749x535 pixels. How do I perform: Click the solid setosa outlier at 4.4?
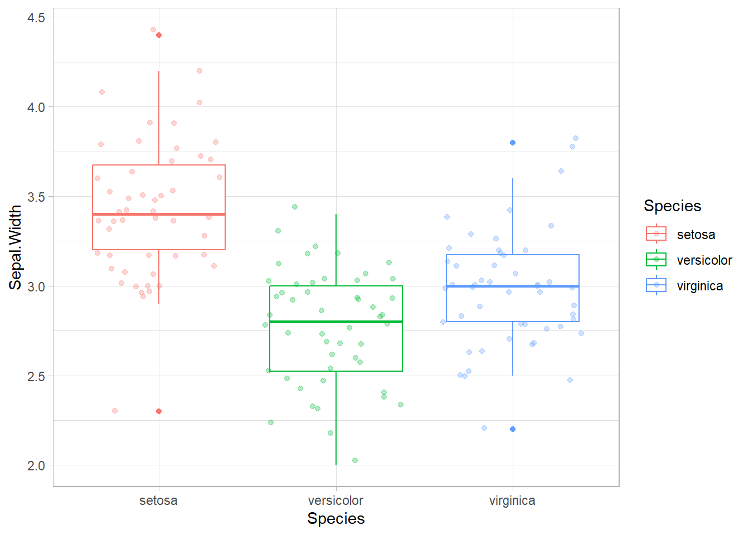click(159, 35)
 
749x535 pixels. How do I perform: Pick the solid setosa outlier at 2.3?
click(159, 411)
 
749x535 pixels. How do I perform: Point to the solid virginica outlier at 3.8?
click(513, 143)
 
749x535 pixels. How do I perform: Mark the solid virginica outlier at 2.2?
click(513, 429)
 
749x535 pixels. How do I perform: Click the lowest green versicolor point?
click(355, 460)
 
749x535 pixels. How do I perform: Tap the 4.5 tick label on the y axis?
click(36, 18)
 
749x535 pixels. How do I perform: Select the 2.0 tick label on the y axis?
click(36, 466)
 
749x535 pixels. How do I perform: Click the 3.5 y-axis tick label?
click(36, 197)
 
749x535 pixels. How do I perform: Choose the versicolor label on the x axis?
click(335, 500)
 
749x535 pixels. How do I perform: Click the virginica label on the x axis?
click(512, 500)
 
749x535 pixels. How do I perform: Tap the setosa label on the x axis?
click(158, 500)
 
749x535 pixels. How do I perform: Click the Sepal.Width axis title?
click(16, 247)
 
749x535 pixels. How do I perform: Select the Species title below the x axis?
click(336, 518)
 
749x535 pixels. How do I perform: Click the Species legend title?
click(672, 206)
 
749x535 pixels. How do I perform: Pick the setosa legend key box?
click(656, 234)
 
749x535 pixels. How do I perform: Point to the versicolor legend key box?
click(656, 260)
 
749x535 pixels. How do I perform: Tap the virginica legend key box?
click(656, 285)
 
